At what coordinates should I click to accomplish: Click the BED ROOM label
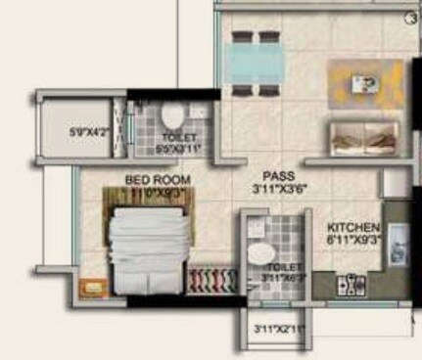click(158, 181)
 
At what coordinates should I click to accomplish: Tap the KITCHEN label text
click(352, 226)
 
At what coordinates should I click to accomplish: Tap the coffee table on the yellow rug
click(366, 83)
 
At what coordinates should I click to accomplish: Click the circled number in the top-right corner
click(412, 16)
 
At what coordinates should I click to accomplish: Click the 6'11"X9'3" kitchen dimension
click(352, 238)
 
